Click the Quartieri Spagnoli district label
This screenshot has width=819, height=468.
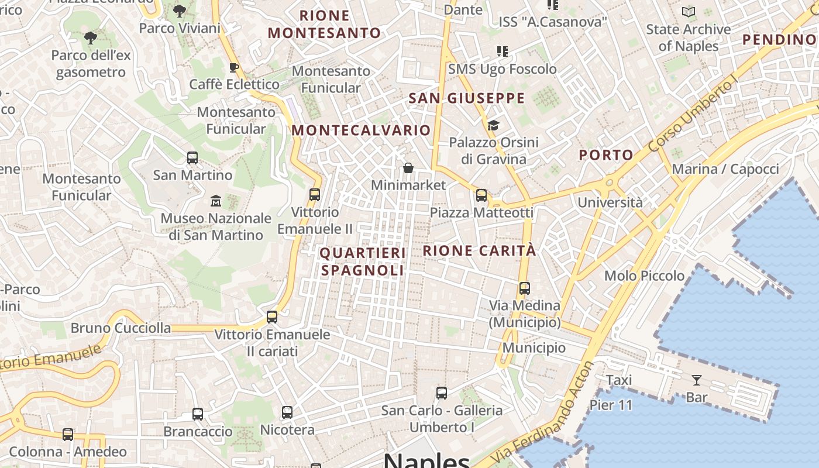coord(363,261)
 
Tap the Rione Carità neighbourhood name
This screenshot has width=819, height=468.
coord(479,251)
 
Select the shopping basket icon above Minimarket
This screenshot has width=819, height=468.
coord(408,168)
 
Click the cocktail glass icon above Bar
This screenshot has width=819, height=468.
coord(696,381)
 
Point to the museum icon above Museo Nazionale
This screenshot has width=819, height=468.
coord(216,201)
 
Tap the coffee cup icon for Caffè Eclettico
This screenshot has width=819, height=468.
coord(233,67)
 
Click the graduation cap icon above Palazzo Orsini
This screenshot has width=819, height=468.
coord(493,125)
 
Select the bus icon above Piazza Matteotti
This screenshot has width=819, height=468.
coord(481,195)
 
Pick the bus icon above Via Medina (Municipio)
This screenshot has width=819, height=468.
coord(525,288)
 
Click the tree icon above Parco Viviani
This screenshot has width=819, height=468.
coord(180,11)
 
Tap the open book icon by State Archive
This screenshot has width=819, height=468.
coord(689,12)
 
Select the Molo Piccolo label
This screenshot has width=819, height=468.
coord(644,276)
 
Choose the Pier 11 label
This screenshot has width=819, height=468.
coord(611,405)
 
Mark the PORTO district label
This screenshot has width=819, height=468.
coord(606,155)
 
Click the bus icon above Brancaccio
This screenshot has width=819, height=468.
coord(198,414)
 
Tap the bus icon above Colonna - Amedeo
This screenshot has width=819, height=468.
coord(68,435)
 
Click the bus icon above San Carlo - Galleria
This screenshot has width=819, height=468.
coord(442,393)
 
